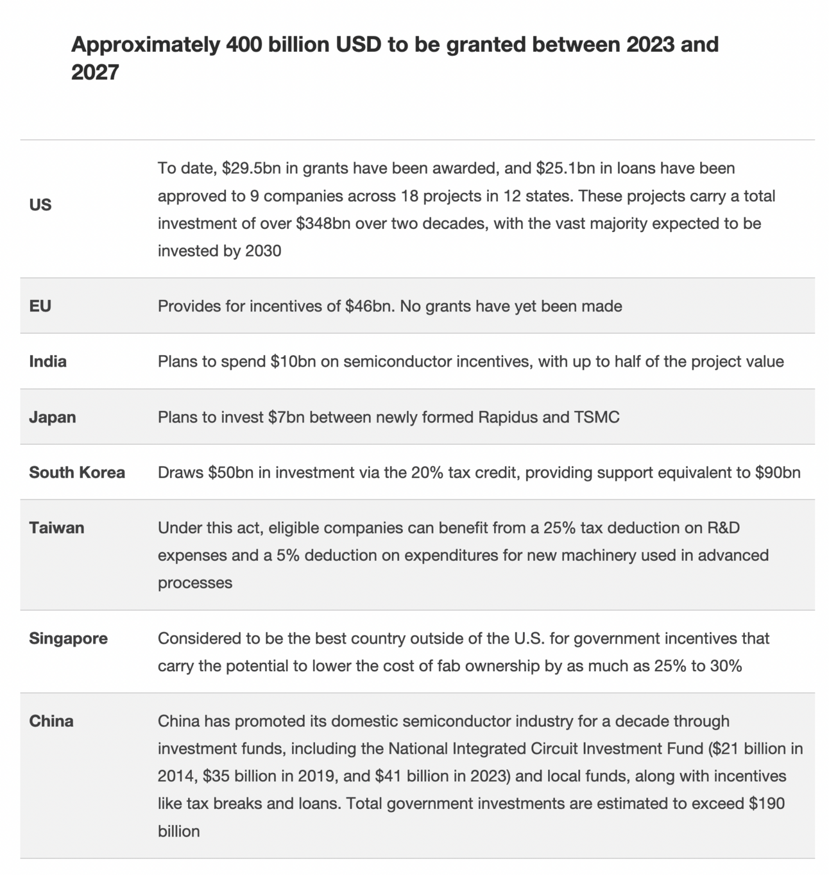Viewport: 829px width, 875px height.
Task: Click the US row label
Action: [x=40, y=205]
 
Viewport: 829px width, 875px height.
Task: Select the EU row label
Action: [x=40, y=306]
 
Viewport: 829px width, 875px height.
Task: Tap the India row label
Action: [x=48, y=362]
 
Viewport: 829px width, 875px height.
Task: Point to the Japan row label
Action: [x=53, y=417]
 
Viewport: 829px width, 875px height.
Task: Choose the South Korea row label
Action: [x=77, y=473]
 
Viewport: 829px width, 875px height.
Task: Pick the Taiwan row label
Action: [x=56, y=528]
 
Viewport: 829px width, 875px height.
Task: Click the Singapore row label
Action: [x=68, y=639]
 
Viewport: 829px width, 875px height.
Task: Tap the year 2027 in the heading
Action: [x=95, y=72]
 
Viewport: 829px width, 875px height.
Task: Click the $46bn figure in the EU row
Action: [x=370, y=306]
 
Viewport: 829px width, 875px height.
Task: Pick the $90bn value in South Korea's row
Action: [x=778, y=473]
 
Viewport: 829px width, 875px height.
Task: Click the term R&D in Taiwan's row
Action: [x=723, y=528]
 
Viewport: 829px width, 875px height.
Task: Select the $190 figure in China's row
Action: [x=766, y=804]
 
